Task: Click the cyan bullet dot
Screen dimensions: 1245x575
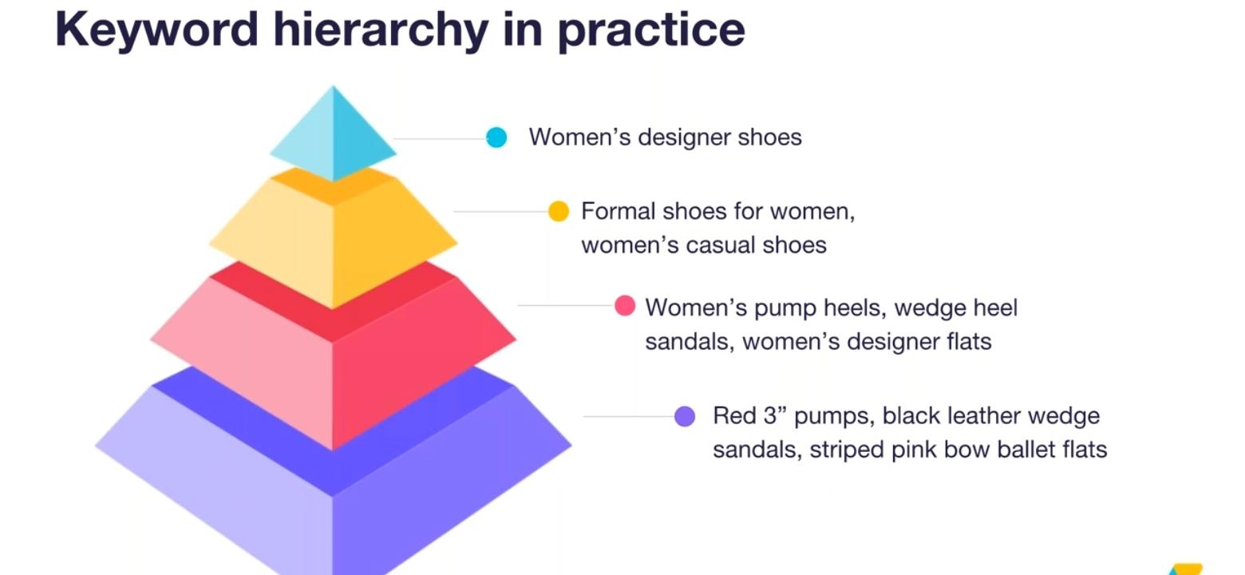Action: (x=496, y=137)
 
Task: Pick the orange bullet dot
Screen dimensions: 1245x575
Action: (x=559, y=212)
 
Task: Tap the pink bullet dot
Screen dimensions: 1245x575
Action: (x=625, y=306)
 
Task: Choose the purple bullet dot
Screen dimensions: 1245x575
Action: (x=685, y=416)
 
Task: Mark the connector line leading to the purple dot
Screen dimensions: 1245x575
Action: (x=628, y=416)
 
